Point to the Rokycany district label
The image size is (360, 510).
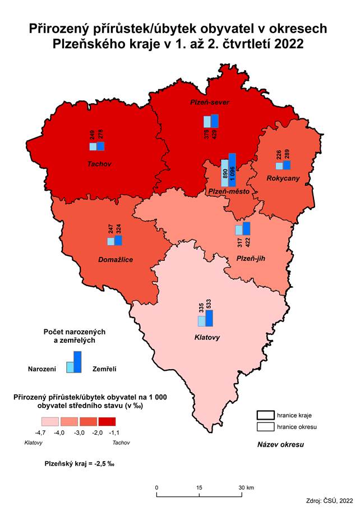tap(283, 178)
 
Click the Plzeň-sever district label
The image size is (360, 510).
tap(211, 103)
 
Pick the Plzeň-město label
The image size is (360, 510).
tap(228, 191)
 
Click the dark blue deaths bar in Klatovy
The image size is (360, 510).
tap(209, 318)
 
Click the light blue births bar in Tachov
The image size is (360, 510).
tap(93, 146)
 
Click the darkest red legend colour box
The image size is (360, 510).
tap(107, 421)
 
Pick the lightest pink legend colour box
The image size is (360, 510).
tap(50, 421)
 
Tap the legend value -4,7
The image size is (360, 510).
tap(41, 433)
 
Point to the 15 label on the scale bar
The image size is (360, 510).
tap(199, 487)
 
